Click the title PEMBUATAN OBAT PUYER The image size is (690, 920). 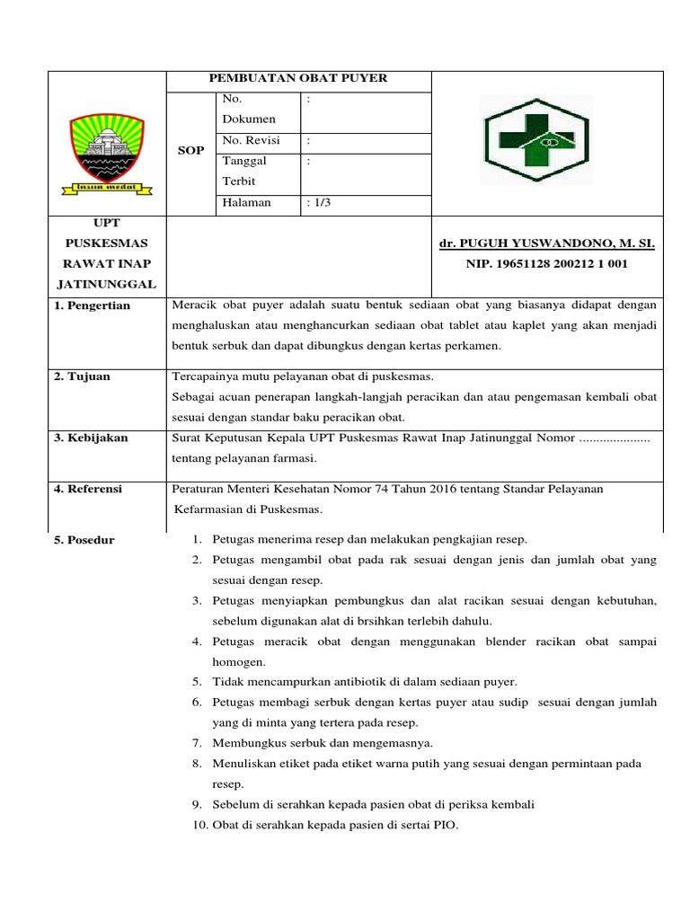pos(298,78)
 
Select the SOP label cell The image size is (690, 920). pos(190,150)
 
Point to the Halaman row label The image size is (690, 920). pos(246,202)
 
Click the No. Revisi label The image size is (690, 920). pos(251,140)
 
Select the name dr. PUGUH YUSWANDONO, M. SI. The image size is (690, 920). pos(546,243)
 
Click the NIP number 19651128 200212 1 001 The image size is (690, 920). pos(546,263)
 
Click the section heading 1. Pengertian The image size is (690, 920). pos(92,305)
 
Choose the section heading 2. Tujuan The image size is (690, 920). pos(82,376)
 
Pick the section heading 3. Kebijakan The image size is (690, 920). pos(91,438)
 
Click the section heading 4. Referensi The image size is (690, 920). pos(88,489)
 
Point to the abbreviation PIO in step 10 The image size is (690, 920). pos(447,825)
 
